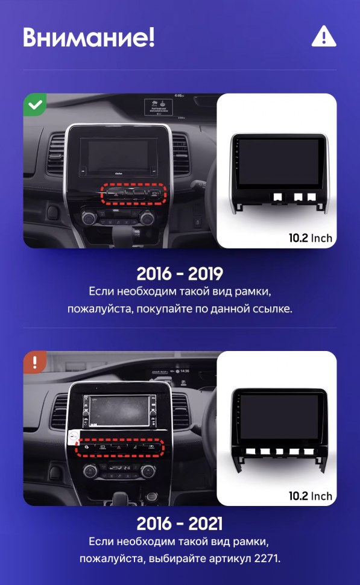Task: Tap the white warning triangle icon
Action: coord(323,37)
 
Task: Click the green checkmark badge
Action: coord(35,105)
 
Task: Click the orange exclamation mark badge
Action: coord(35,362)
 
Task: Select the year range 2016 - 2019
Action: coord(180,273)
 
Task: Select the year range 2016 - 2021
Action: coord(180,522)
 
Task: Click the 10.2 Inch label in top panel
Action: coord(310,238)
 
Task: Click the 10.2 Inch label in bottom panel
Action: coord(310,496)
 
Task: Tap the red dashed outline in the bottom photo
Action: coord(120,448)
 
